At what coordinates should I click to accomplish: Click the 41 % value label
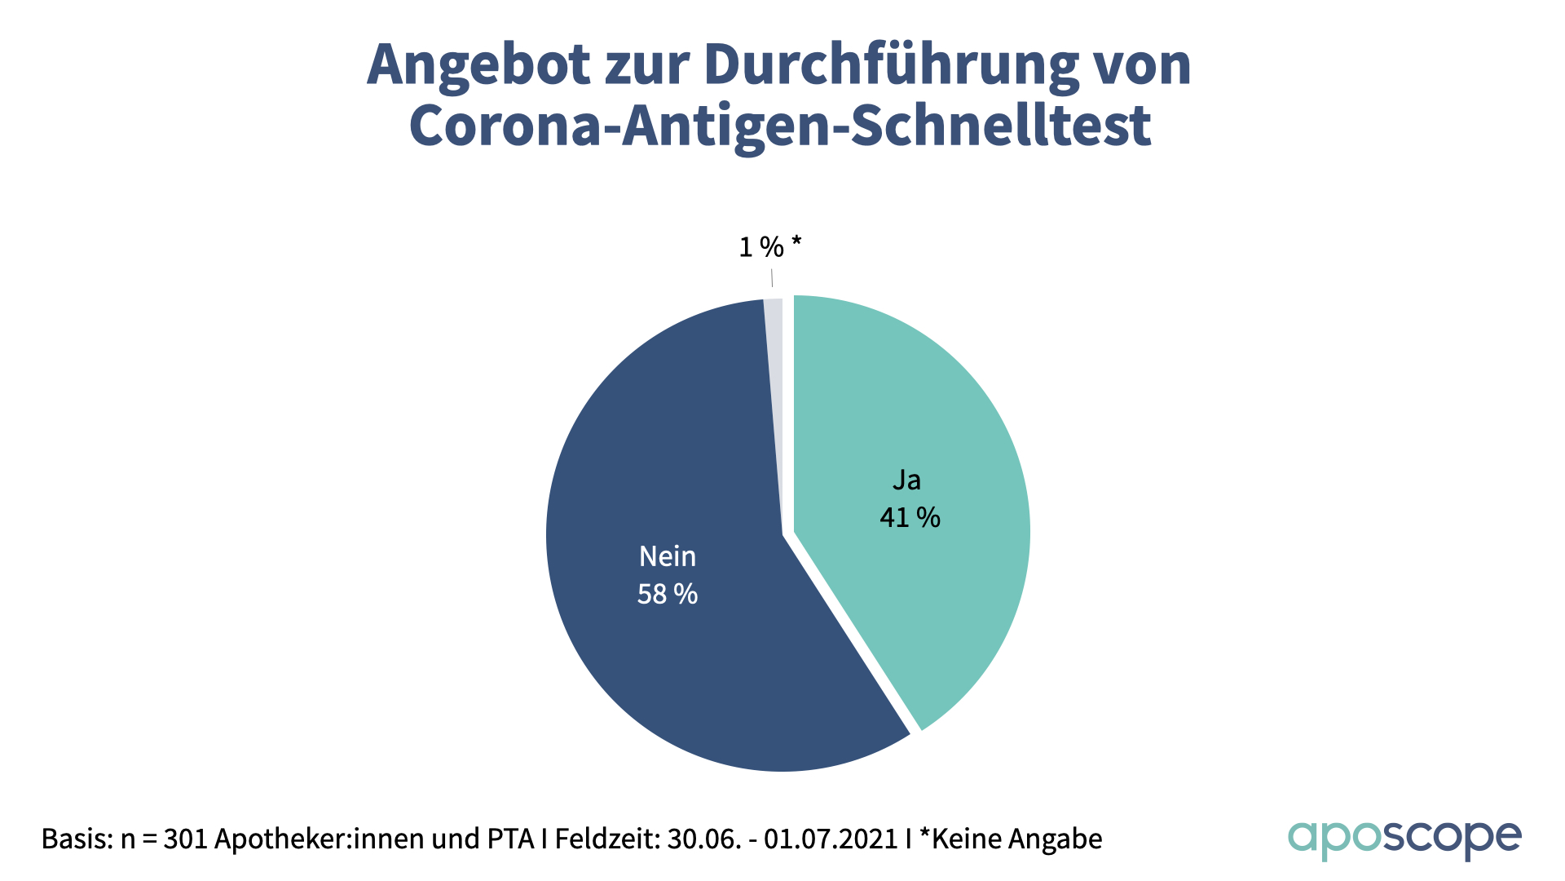[910, 517]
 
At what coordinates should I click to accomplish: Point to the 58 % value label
[667, 594]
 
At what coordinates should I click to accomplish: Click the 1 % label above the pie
[761, 246]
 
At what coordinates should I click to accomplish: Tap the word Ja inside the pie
[906, 480]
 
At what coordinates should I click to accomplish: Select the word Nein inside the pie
[667, 556]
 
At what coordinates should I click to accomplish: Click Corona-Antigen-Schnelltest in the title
[780, 126]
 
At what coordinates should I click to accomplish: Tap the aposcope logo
[1404, 839]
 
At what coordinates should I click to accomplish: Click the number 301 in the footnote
[186, 839]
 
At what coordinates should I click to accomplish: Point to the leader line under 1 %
[771, 278]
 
